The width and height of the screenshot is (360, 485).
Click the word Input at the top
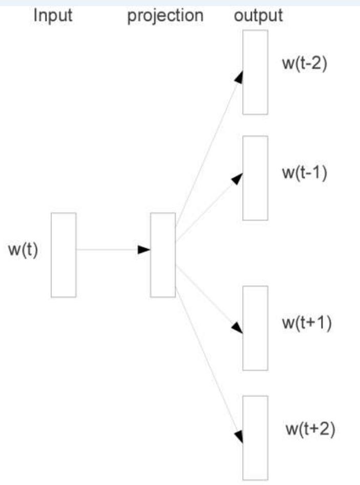(53, 15)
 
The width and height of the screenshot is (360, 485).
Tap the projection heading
(165, 16)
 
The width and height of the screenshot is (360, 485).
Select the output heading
(258, 15)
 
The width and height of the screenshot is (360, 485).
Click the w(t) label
(23, 252)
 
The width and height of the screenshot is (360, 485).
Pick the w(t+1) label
(307, 324)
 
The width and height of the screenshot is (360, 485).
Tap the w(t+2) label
(310, 429)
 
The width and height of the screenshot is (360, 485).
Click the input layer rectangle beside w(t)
(63, 255)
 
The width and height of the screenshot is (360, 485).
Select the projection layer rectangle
(163, 255)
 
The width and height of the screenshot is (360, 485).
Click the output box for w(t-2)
(255, 72)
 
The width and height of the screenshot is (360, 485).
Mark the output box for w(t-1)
(255, 178)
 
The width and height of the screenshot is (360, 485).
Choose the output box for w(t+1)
(255, 328)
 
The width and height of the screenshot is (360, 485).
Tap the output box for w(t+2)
(255, 437)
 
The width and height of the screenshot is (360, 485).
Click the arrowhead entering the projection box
(144, 250)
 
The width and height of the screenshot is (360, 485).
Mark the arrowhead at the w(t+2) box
(238, 436)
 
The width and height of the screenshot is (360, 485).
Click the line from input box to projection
(108, 250)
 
